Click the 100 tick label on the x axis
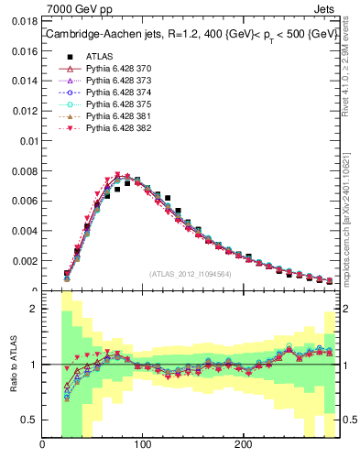(142, 446)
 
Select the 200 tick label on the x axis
(243, 446)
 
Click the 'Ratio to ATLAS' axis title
(11, 365)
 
